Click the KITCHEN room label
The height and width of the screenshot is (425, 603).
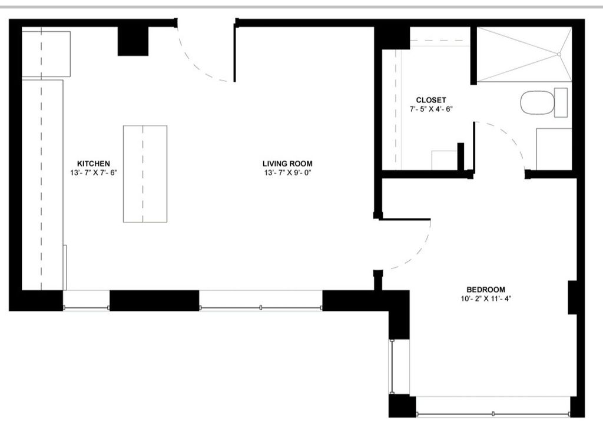coord(94,163)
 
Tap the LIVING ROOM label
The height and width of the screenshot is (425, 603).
coord(287,163)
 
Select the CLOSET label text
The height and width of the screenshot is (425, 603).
coord(430,100)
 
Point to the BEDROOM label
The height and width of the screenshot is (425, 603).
coord(486,289)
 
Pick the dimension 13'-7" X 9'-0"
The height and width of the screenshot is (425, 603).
coord(287,173)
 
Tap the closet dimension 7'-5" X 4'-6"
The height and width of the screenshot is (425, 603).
coord(430,109)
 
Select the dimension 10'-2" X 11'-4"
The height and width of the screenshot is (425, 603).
coord(486,298)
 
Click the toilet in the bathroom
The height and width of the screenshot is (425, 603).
coord(539,102)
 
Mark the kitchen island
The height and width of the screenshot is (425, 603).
coord(145,174)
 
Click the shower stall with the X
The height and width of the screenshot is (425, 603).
coord(524,54)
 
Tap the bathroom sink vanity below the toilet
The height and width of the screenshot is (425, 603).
coord(554,149)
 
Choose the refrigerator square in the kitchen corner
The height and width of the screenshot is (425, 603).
coord(46,54)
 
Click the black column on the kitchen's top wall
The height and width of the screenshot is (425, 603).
coord(132,41)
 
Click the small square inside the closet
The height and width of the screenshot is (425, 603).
coord(445,160)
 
